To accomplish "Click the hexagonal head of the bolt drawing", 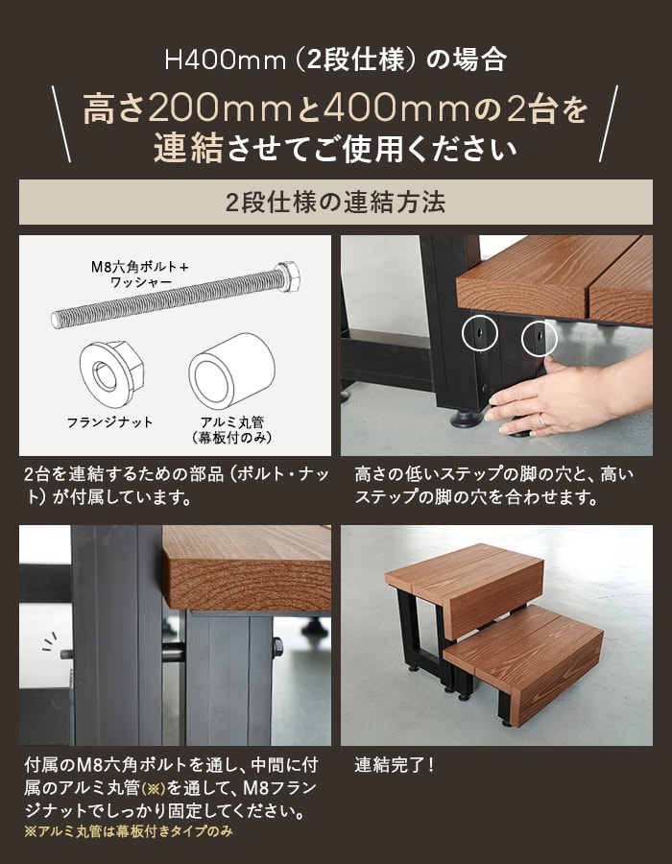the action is [x=288, y=276].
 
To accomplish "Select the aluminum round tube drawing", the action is [x=232, y=371].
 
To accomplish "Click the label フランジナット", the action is [x=109, y=422].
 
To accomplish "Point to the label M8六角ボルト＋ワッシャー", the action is [x=140, y=275].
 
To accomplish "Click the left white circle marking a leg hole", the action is [x=480, y=333].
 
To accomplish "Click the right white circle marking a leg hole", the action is [x=540, y=338].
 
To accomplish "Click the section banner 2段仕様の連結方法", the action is [x=335, y=203].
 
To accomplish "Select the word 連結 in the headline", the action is [x=188, y=148].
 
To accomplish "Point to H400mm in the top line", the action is [x=226, y=60].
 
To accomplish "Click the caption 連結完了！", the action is [x=394, y=765].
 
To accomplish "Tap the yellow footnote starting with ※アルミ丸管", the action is [x=129, y=831].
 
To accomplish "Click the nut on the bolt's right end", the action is [x=277, y=647].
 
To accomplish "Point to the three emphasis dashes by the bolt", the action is [x=50, y=641].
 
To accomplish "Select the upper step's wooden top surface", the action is [x=464, y=566].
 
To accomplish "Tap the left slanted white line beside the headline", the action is [x=61, y=124].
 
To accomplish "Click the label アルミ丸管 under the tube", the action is [x=232, y=422].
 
